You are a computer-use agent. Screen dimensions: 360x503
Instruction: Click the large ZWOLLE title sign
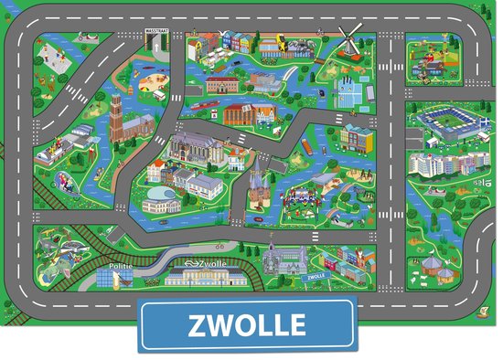(x=246, y=324)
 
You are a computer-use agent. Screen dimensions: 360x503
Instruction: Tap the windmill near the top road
(x=348, y=40)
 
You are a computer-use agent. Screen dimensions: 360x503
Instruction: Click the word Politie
(x=122, y=268)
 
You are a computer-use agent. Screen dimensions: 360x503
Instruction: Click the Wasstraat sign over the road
(x=157, y=31)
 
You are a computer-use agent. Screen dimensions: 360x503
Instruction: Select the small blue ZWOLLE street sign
(x=316, y=275)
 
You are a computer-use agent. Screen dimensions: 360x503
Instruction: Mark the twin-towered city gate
(x=261, y=187)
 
